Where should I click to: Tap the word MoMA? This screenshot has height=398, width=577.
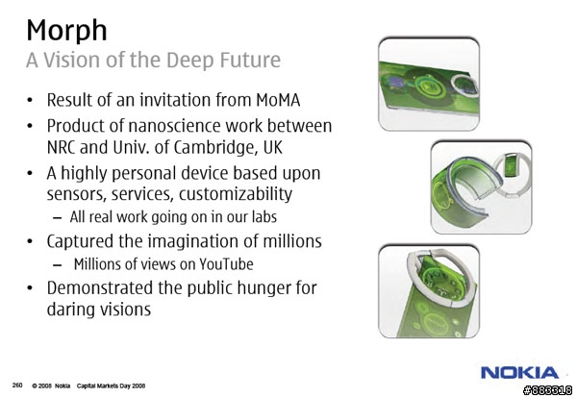click(278, 100)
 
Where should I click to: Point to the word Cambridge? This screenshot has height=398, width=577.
click(213, 148)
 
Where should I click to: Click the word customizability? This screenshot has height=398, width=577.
click(236, 194)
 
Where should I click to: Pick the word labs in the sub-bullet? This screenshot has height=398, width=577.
click(263, 217)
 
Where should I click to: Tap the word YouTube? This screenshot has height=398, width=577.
click(226, 264)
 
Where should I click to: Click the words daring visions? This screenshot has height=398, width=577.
click(99, 309)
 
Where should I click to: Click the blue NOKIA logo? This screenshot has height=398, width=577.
click(519, 373)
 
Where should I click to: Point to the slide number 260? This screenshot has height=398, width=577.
click(17, 386)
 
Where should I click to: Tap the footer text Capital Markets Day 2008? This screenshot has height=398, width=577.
click(111, 386)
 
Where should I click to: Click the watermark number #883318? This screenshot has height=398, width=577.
click(547, 390)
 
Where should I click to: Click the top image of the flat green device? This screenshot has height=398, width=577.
click(429, 85)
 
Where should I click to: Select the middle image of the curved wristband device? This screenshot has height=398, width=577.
click(481, 187)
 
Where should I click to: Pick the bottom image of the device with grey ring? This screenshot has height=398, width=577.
click(429, 291)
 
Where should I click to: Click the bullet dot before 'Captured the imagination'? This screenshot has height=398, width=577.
click(30, 241)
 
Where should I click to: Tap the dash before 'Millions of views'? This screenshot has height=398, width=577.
click(57, 264)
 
